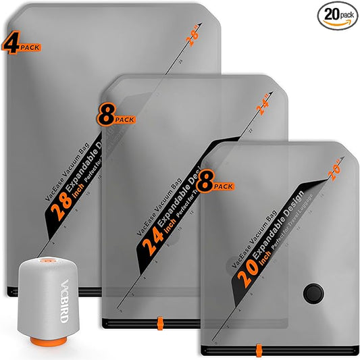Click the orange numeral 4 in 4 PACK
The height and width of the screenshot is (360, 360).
pyautogui.click(x=9, y=45)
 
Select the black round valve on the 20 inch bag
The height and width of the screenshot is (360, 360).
pyautogui.click(x=313, y=293)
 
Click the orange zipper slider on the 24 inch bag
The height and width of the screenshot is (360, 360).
pyautogui.click(x=159, y=320)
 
